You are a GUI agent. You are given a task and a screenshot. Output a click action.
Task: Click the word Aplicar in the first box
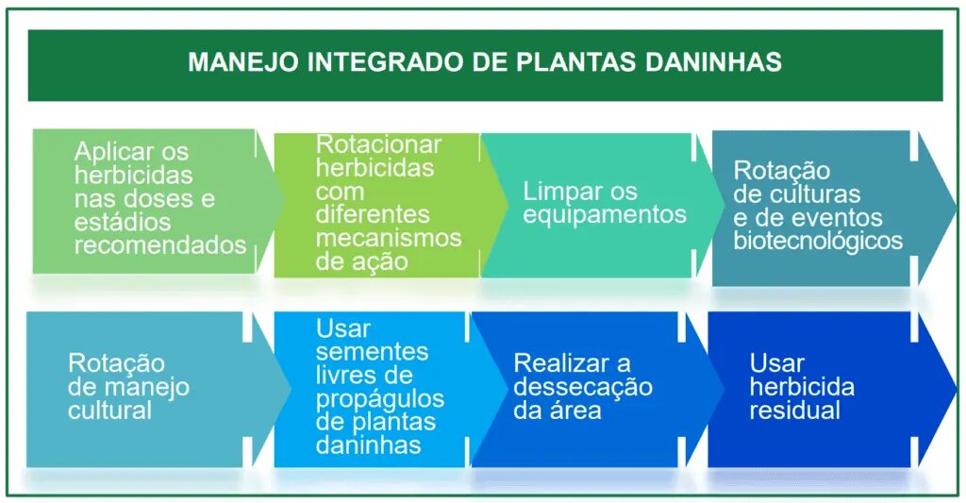114,153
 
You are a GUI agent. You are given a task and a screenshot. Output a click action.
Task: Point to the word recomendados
160,245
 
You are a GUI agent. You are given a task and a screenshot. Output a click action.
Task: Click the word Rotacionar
378,144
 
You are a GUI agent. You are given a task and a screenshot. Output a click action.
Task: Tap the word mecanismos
388,238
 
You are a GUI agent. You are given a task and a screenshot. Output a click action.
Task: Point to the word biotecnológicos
818,241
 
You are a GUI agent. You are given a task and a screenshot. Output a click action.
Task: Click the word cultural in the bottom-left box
109,411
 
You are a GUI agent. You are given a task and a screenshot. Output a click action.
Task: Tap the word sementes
372,352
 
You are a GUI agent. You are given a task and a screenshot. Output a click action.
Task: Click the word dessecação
583,388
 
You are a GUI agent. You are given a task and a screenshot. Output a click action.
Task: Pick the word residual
794,411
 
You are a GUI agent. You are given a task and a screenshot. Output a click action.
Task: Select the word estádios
123,222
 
